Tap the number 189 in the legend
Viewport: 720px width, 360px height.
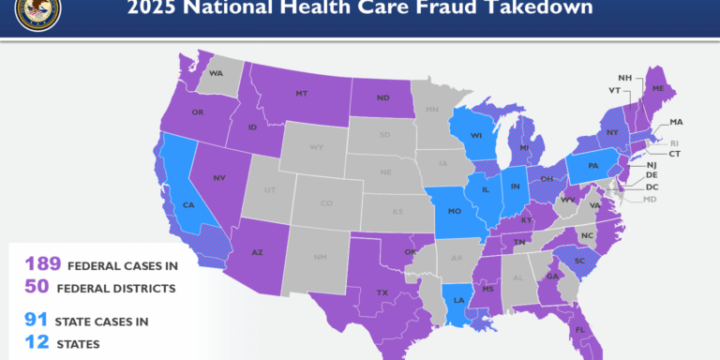coord(42,263)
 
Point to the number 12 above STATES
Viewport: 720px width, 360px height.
coord(36,343)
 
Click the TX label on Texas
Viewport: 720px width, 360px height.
coord(382,292)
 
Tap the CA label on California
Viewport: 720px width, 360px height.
coord(187,204)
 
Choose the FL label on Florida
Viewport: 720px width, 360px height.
coord(579,330)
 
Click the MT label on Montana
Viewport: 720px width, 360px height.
coord(301,94)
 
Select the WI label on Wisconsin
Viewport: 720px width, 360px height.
coord(475,135)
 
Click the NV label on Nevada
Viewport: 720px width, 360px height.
coord(218,177)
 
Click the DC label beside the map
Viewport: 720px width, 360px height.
coord(652,187)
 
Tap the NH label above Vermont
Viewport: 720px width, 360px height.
coord(624,78)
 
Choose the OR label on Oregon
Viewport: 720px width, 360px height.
coord(197,113)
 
